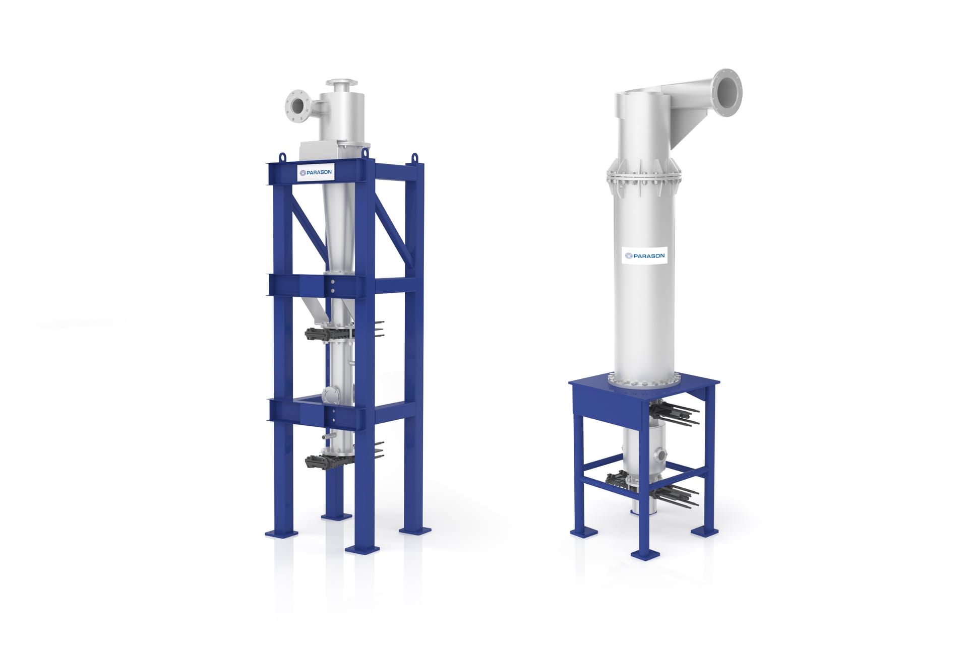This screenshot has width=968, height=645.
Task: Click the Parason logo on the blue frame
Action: [316, 172]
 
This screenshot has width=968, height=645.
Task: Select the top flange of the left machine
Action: [342, 83]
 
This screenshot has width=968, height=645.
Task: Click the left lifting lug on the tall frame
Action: [282, 157]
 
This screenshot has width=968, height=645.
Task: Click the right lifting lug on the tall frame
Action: [415, 158]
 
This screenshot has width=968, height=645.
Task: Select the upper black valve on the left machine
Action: [323, 333]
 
